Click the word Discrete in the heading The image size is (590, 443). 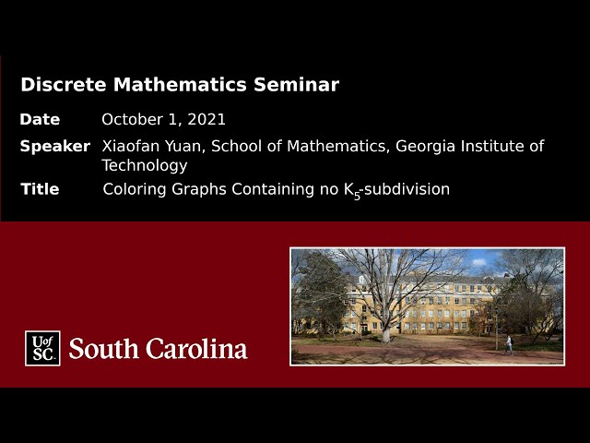(x=62, y=85)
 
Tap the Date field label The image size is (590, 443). (x=40, y=120)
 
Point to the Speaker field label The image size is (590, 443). (x=55, y=146)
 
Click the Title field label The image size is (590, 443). (x=40, y=189)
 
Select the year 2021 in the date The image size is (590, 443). (x=207, y=120)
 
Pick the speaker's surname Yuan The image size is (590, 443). (x=183, y=146)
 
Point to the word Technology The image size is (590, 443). (x=144, y=166)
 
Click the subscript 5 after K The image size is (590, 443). (x=358, y=195)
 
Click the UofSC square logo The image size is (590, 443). (x=42, y=348)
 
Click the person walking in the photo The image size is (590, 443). (x=508, y=345)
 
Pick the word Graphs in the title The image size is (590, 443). (x=196, y=189)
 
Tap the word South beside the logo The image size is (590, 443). (x=103, y=349)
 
